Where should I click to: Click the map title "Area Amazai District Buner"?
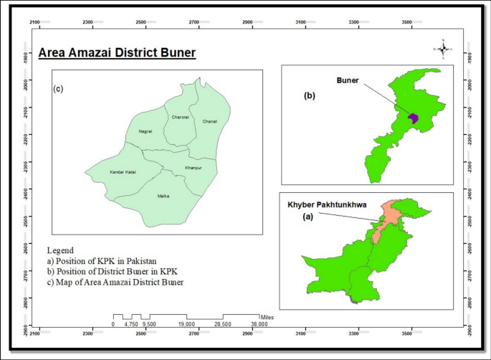(x=117, y=53)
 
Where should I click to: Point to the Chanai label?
(x=209, y=121)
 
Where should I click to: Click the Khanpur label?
(x=194, y=168)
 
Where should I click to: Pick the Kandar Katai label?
(x=123, y=172)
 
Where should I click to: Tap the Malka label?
(x=163, y=195)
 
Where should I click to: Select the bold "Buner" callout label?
(x=348, y=81)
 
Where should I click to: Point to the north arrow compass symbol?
(x=444, y=49)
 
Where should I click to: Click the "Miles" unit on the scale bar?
(x=267, y=316)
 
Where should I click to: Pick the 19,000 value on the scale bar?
(x=186, y=324)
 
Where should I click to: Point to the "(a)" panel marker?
(x=309, y=216)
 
